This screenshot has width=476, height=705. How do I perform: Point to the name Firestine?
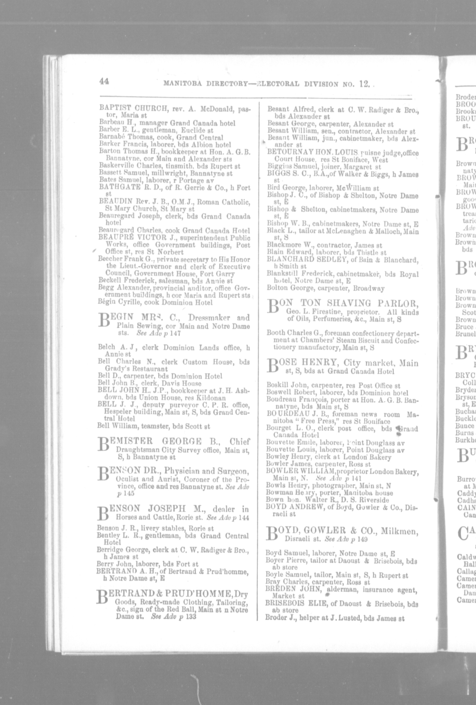(330, 312)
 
